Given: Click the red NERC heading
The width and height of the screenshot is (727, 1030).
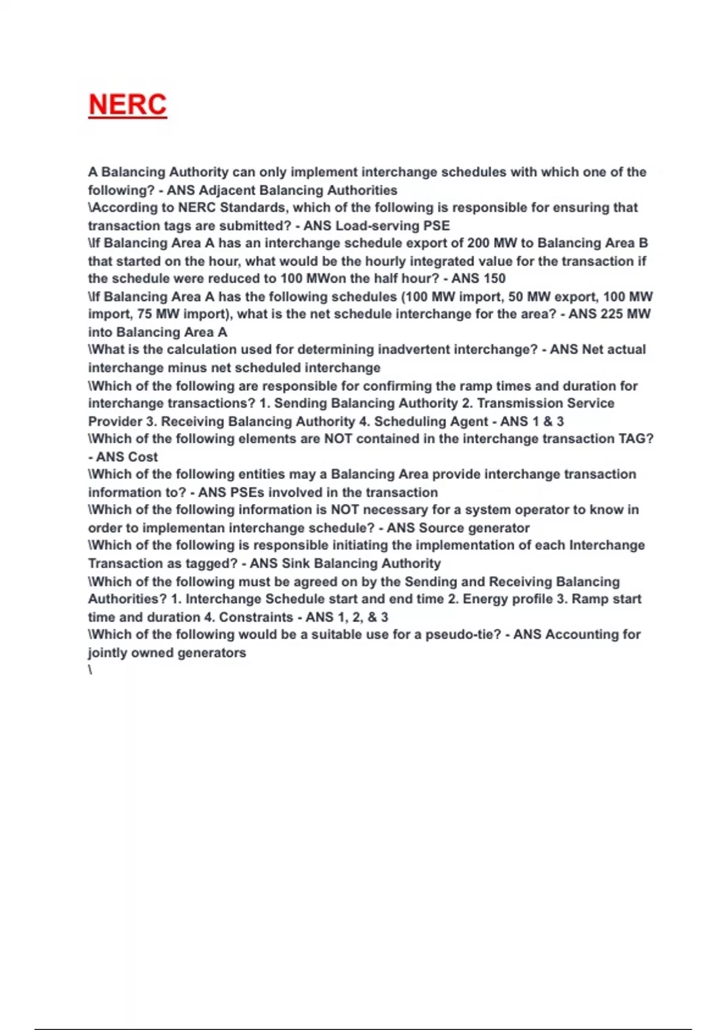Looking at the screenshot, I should point(127,104).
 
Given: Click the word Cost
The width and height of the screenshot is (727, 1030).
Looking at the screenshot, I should point(142,457).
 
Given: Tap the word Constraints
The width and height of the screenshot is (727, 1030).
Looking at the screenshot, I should point(256,617).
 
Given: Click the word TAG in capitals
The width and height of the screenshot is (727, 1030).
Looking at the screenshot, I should point(632,439).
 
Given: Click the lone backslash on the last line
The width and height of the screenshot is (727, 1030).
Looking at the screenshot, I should point(90,670).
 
